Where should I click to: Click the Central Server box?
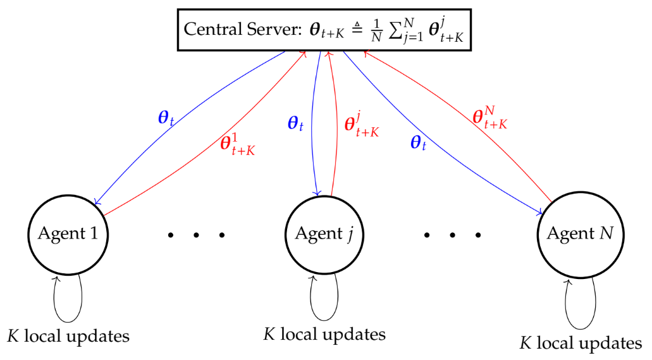[326, 29]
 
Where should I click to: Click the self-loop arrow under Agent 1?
[68, 297]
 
